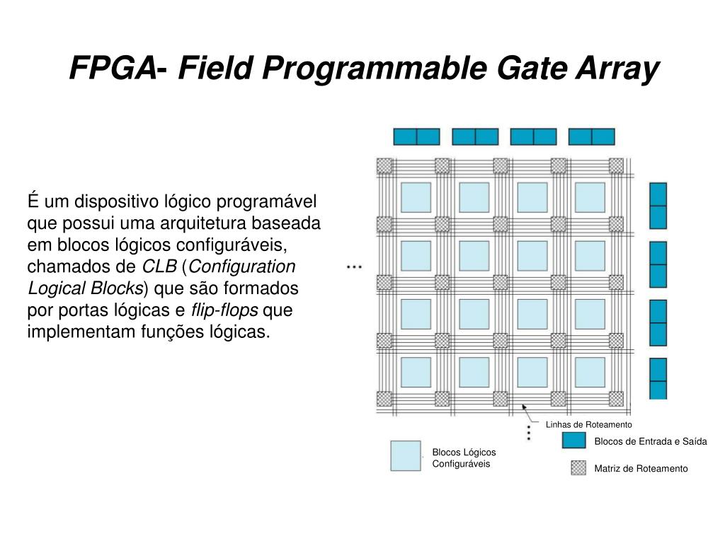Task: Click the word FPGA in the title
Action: (x=113, y=69)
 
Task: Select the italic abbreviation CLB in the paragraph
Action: (x=159, y=267)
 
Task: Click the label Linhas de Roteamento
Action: (x=588, y=424)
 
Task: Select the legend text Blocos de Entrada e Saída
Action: (x=650, y=441)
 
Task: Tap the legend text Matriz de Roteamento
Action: (x=641, y=468)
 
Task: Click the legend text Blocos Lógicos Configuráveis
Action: (x=464, y=458)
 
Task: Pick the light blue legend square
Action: (x=406, y=456)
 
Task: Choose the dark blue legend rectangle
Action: (x=573, y=440)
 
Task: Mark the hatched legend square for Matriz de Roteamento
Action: (x=578, y=467)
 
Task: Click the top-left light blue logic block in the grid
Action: (x=416, y=197)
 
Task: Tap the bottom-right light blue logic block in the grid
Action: (x=590, y=372)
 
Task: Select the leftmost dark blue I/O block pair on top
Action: (x=416, y=136)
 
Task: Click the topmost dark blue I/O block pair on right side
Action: (x=658, y=205)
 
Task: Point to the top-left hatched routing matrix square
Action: (x=384, y=165)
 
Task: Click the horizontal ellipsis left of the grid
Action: (x=354, y=267)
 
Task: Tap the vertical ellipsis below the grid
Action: (x=528, y=433)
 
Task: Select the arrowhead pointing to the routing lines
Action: (x=525, y=407)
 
